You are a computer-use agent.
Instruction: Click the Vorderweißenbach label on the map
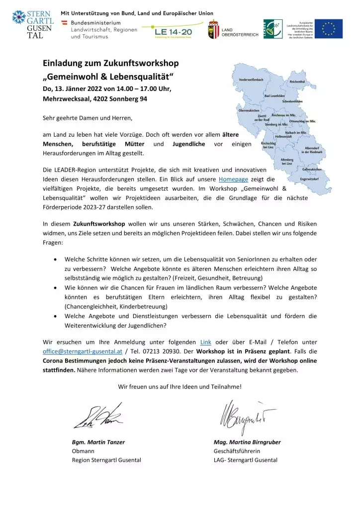(251, 80)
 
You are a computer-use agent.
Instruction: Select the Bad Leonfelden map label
(274, 95)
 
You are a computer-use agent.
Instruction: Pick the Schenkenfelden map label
(293, 101)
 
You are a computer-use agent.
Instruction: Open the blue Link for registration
(205, 342)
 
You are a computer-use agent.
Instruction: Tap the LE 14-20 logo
(172, 32)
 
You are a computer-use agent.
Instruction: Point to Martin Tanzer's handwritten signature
(97, 417)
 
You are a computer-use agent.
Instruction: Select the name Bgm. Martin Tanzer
(98, 442)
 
